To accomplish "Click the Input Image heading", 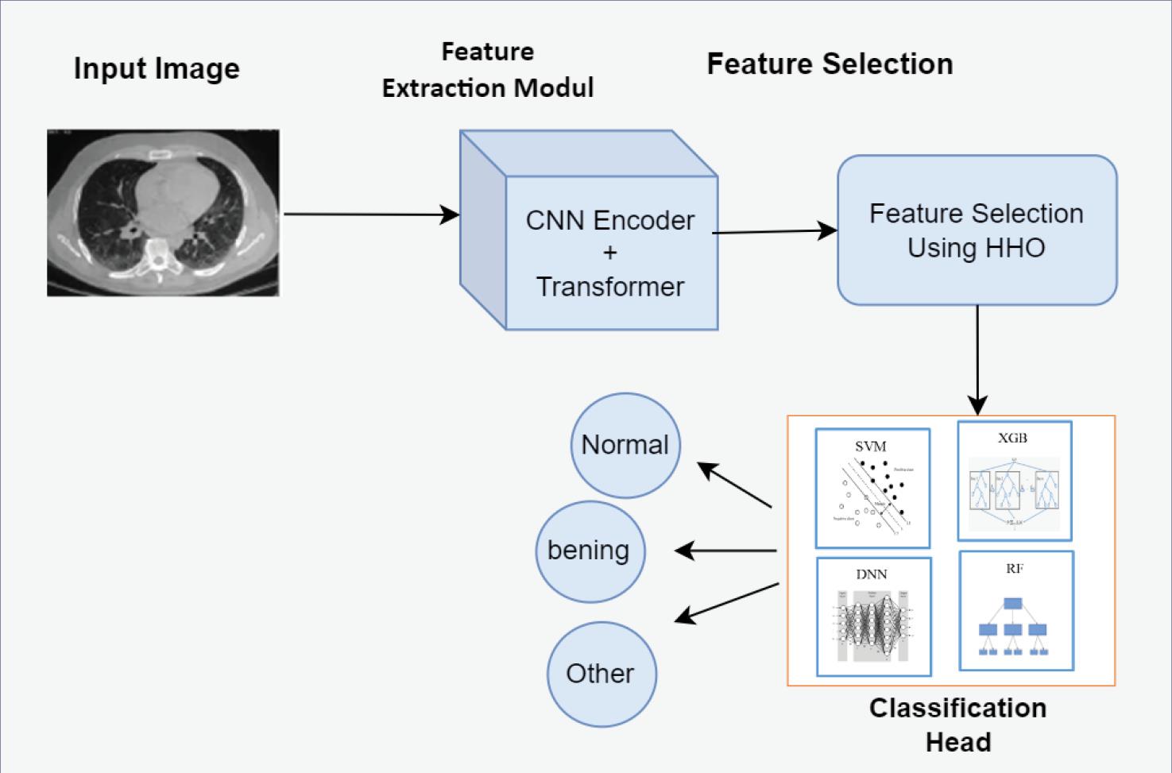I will coord(157,68).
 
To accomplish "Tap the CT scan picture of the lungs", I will coord(163,213).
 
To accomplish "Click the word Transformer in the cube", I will coord(610,286).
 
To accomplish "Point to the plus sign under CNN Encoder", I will coord(610,253).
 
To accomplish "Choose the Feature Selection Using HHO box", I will coord(977,230).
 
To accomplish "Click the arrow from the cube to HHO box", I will coord(775,232).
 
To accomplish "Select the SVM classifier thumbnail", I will coord(872,488).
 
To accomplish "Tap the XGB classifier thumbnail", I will coord(1014,481).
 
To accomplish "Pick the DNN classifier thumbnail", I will coord(873,616).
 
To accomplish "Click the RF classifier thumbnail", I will coord(1015,610).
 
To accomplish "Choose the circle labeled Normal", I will coord(625,445).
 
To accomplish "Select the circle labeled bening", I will coord(589,551).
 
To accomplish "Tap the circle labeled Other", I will coord(601,674).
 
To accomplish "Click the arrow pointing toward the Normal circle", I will coord(735,485).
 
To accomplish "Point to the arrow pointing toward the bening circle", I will coord(725,551).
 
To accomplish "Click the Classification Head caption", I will coord(957,725).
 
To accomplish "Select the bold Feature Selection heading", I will coord(830,64).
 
